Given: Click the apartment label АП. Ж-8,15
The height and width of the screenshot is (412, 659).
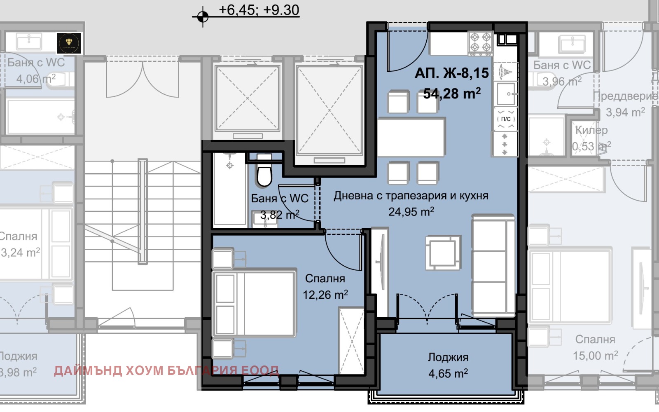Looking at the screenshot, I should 451,73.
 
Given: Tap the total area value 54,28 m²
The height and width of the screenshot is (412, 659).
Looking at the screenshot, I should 452,94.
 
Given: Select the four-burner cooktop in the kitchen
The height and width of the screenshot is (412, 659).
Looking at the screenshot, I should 481,42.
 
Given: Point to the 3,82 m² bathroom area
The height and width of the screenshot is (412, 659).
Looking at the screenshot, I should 279,215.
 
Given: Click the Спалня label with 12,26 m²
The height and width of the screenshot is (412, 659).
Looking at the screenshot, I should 325,279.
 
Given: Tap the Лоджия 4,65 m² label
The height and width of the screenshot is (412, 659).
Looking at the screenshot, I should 448,357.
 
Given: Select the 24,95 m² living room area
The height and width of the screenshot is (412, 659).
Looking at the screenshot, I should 411,212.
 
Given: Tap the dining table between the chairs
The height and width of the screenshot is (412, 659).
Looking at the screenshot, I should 411,137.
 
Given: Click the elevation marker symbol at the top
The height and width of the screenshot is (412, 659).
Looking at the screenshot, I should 202,17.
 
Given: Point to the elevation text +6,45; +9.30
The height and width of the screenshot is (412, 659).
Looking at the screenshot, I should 259,10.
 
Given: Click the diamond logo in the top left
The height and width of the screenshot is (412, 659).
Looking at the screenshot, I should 69,43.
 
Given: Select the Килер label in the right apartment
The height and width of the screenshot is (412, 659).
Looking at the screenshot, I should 591,130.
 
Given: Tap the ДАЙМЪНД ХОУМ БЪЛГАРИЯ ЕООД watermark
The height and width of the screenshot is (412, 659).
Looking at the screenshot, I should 166,370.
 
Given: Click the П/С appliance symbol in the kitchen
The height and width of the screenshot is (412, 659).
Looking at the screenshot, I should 506,119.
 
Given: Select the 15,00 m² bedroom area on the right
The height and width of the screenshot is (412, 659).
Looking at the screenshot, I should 595,356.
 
